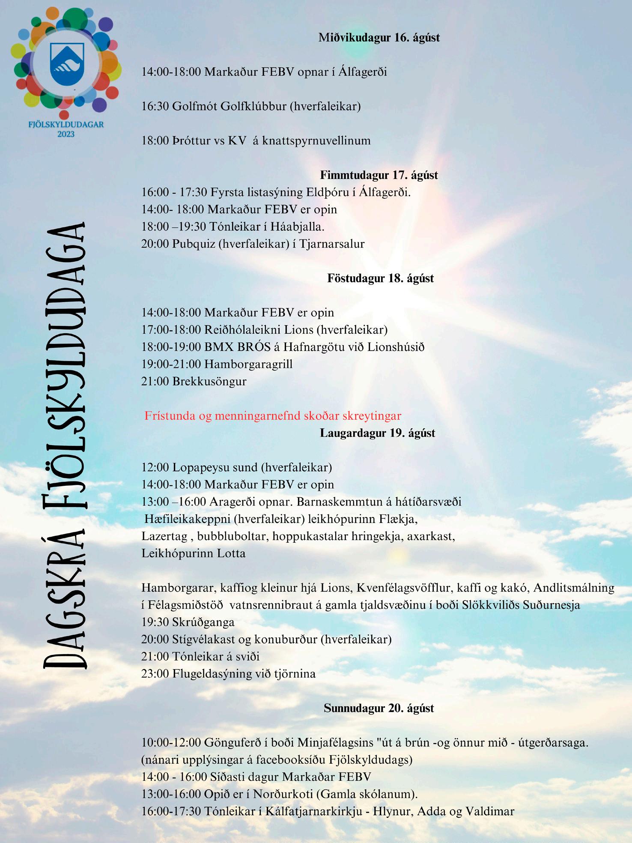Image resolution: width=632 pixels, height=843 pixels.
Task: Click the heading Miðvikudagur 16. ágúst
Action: tap(379, 38)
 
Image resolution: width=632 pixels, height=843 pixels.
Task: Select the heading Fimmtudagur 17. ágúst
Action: tap(379, 175)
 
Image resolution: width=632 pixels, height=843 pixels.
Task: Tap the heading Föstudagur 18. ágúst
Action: tap(380, 278)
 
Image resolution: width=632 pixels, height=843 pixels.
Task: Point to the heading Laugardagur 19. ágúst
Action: tap(377, 433)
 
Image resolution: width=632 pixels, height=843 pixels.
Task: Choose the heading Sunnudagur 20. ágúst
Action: tap(379, 708)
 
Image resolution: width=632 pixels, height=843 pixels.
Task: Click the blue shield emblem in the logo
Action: tap(67, 63)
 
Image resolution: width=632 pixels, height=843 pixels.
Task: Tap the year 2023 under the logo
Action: tap(66, 134)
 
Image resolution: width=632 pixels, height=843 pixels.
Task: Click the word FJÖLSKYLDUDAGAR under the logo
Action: tap(66, 125)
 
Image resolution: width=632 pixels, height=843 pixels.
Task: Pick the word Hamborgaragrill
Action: tap(248, 364)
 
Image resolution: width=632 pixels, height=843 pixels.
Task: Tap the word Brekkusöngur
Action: tap(209, 381)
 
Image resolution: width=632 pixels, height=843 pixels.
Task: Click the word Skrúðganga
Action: tap(203, 622)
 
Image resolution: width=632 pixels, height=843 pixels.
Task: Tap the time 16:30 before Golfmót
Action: tap(155, 106)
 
